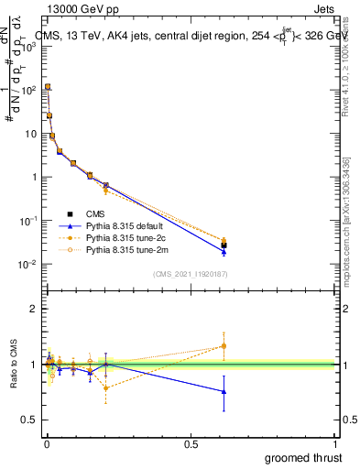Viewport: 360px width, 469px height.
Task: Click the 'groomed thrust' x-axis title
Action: click(303, 456)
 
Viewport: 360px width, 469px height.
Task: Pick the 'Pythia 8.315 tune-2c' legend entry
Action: click(126, 237)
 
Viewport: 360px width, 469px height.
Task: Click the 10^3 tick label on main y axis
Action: click(27, 47)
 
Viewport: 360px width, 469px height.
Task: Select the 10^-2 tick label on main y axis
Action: click(27, 265)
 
